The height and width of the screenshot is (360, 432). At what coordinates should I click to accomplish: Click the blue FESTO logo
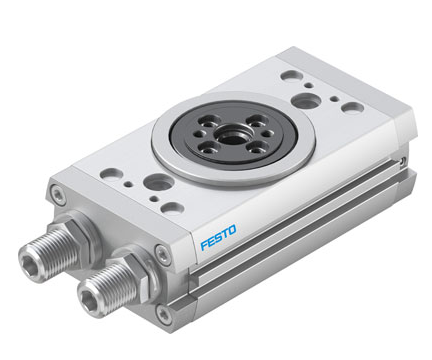[218, 237]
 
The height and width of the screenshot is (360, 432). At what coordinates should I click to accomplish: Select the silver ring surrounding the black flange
[233, 138]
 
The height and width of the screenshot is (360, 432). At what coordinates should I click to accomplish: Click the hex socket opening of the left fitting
[28, 263]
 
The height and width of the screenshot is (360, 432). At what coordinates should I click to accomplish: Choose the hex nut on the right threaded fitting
[141, 273]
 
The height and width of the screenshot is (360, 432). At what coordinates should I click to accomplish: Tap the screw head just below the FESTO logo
[163, 254]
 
